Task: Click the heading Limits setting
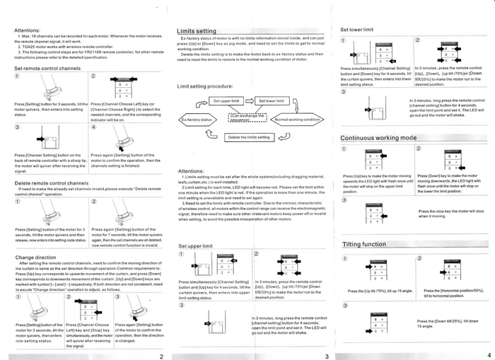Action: (x=197, y=32)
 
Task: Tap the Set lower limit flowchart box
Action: (x=270, y=101)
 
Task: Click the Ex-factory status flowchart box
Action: (x=197, y=120)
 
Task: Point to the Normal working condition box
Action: (x=298, y=120)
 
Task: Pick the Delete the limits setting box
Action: (x=248, y=137)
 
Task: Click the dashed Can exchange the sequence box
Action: (x=248, y=117)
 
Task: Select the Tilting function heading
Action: (x=364, y=244)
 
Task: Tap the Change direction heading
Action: (x=35, y=257)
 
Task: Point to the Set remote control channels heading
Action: (x=47, y=68)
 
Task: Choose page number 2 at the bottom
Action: (x=161, y=355)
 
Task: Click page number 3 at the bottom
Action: (x=325, y=355)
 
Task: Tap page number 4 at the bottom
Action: (x=489, y=355)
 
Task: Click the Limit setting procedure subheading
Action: (x=205, y=86)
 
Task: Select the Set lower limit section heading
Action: (x=358, y=30)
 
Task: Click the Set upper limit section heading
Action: (x=195, y=245)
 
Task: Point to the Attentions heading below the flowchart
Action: (x=192, y=170)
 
